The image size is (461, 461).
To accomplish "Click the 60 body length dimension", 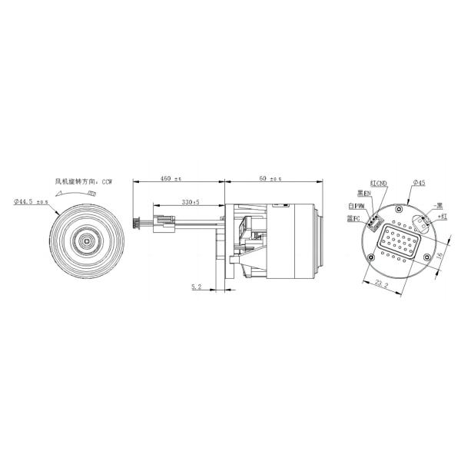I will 269,179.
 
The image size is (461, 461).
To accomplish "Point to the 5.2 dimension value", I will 196,287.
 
